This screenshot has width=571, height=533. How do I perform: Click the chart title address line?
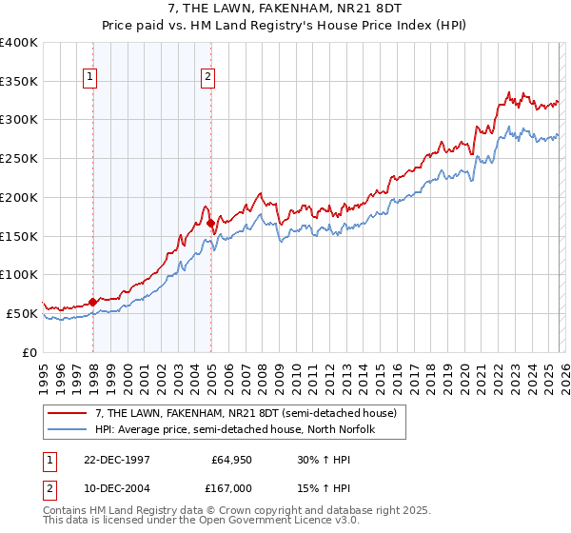pos(285,9)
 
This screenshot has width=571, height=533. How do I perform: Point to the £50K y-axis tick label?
pos(23,313)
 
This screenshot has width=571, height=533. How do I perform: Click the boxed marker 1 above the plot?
pos(89,78)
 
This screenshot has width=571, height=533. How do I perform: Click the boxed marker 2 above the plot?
pos(207,78)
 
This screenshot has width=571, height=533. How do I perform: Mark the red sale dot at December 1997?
pos(93,302)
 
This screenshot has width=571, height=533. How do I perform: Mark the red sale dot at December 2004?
pos(210,223)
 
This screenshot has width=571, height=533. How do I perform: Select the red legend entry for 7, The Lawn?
pos(238,412)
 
